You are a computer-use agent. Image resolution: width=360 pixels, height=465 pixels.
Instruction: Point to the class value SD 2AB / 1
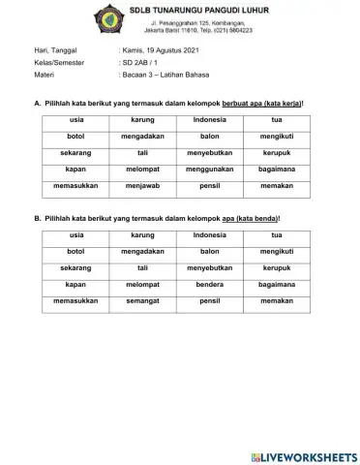click(142, 60)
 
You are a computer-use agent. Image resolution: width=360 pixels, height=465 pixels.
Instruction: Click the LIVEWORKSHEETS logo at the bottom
click(303, 455)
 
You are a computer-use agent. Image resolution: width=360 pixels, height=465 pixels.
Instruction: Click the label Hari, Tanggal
click(55, 47)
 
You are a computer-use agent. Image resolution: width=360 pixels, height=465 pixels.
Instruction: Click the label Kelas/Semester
click(60, 60)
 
